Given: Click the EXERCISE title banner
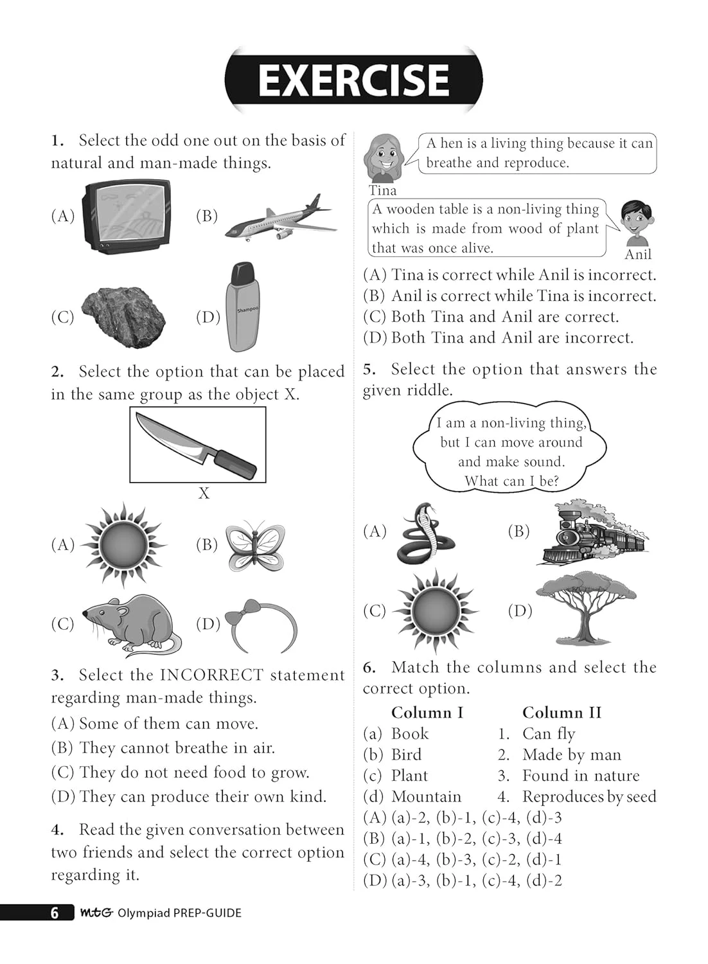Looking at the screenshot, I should coord(353,80).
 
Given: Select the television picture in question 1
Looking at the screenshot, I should coord(127,216).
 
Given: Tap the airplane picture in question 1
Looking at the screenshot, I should coord(281,217).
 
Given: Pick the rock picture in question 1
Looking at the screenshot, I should coord(123,317).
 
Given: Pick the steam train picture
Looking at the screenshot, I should coord(592,533).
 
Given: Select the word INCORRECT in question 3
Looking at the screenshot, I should coord(211,675).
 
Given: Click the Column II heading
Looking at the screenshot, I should coord(562,712).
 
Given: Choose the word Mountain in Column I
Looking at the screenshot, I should coord(426,796).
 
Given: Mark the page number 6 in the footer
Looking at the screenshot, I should coord(55,913).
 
